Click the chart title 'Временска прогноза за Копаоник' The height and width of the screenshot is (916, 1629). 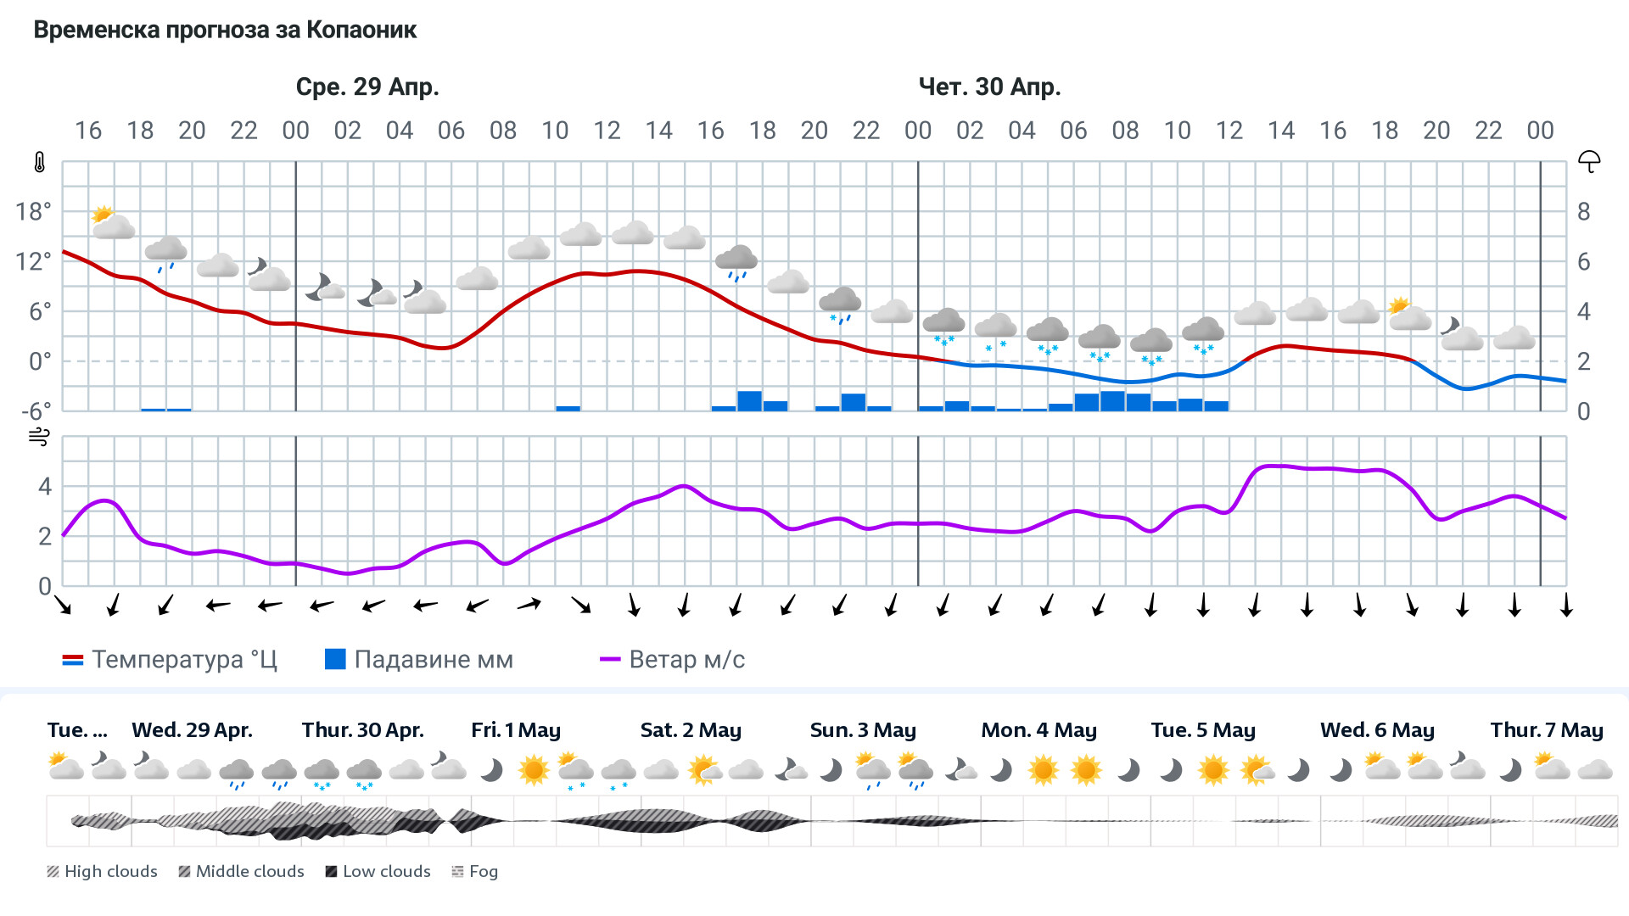pos(225,31)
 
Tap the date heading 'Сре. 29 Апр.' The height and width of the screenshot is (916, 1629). pos(367,87)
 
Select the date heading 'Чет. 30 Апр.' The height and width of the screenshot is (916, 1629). pos(989,87)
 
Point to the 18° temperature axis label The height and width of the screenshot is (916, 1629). pos(33,212)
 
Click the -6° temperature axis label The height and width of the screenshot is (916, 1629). pos(36,412)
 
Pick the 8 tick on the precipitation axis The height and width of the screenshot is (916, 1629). pos(1583,212)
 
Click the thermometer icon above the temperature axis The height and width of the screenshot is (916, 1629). pos(39,163)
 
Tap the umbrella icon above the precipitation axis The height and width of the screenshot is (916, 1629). pos(1588,162)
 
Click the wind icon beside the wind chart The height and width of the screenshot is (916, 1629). pos(39,438)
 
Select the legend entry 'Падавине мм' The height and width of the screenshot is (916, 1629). pos(419,660)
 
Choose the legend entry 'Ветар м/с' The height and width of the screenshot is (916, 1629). pos(672,660)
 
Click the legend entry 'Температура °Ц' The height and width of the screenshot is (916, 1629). pos(170,660)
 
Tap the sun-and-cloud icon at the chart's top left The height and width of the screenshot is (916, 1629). pos(112,222)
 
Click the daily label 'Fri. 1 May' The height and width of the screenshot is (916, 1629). pos(515,730)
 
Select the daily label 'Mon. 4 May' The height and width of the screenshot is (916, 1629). pos(1038,730)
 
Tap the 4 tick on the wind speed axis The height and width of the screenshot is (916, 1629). pos(45,487)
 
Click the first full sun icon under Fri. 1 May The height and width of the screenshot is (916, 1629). pos(534,770)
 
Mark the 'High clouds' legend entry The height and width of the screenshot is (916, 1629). pos(102,872)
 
